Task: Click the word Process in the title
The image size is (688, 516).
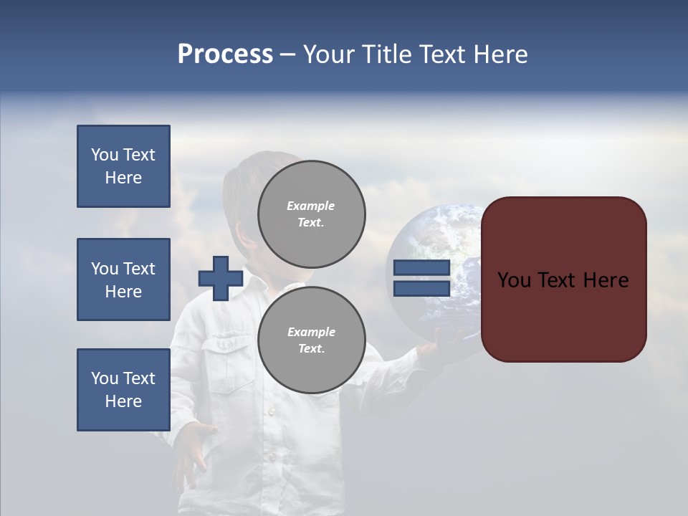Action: (x=225, y=54)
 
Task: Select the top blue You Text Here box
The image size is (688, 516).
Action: (x=123, y=166)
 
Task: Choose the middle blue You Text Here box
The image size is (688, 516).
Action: (x=123, y=279)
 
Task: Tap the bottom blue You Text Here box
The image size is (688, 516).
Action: (x=123, y=390)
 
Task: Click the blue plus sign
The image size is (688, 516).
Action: (x=221, y=278)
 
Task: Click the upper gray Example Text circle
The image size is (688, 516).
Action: (x=311, y=214)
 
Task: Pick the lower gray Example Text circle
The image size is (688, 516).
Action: (x=311, y=340)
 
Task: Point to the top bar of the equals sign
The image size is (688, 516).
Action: (x=421, y=268)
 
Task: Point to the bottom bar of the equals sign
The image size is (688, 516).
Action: (x=421, y=288)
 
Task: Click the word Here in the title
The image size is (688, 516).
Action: (x=500, y=54)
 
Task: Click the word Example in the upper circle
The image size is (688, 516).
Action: (x=310, y=206)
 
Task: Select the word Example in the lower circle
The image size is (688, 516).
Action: (x=311, y=332)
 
